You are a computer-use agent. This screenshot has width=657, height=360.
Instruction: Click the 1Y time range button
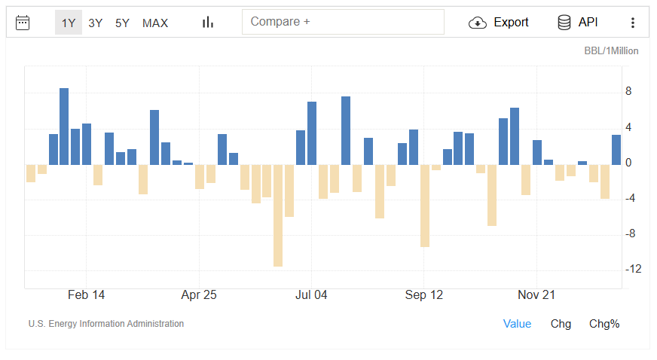click(69, 23)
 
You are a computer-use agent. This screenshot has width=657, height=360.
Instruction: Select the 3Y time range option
click(96, 23)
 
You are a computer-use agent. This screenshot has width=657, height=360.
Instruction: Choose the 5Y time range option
click(122, 23)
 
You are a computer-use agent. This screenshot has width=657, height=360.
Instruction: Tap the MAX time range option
click(155, 23)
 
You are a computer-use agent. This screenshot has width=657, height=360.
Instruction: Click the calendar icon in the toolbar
click(23, 23)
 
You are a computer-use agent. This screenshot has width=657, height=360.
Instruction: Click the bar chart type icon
click(208, 23)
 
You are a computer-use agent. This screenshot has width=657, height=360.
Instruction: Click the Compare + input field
click(343, 22)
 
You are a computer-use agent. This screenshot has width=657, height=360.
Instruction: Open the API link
click(578, 23)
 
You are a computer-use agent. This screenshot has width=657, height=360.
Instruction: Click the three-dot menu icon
click(633, 23)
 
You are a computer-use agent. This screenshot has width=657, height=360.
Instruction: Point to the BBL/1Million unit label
click(611, 51)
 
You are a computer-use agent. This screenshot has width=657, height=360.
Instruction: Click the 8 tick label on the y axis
click(628, 92)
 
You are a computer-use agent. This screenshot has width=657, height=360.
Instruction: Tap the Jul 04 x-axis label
click(311, 295)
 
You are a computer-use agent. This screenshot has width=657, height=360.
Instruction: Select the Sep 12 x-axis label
click(424, 295)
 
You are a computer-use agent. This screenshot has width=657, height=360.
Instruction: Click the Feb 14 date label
click(86, 295)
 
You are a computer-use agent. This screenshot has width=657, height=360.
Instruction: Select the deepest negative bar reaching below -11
click(278, 215)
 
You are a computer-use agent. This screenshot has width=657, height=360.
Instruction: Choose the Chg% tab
click(604, 324)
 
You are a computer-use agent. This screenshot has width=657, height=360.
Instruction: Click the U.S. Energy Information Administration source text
click(106, 324)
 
